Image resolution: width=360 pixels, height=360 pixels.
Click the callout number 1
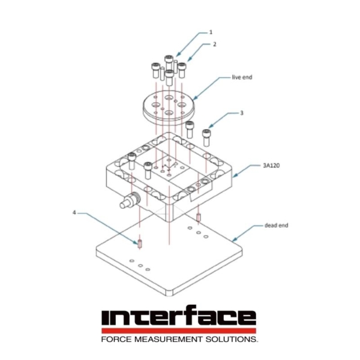211,31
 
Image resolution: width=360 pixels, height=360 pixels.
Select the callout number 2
214,44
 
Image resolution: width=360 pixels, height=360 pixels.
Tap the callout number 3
242,113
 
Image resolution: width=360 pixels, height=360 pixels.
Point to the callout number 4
74,212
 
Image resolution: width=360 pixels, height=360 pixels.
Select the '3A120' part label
271,164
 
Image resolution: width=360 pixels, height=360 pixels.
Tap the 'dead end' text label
276,226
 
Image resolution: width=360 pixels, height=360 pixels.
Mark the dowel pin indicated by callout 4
139,244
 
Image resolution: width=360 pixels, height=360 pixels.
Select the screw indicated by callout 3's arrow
207,137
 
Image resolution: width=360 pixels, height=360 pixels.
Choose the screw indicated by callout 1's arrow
169,61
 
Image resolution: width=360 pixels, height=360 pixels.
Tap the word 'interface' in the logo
179,318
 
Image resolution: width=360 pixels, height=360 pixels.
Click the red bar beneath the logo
179,331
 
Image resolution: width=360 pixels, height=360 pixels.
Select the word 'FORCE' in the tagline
117,340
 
